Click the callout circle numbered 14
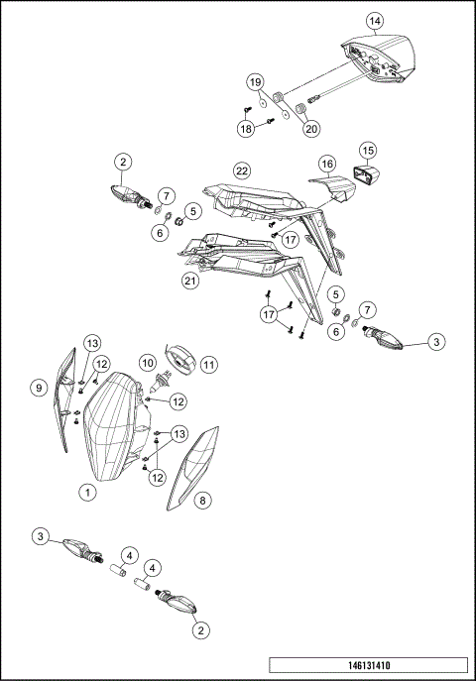(x=374, y=20)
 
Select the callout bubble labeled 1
(x=88, y=491)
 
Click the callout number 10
(x=146, y=364)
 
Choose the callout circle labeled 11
(x=209, y=364)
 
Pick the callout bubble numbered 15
(x=368, y=150)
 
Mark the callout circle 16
(x=326, y=163)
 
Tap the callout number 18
(x=245, y=128)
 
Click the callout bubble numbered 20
(x=312, y=127)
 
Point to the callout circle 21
(x=191, y=281)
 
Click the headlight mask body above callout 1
(x=113, y=426)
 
